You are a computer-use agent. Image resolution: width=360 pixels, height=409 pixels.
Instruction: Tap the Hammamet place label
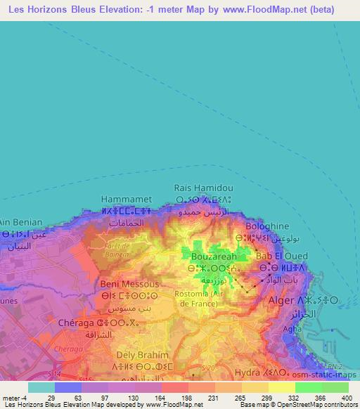pos(126,199)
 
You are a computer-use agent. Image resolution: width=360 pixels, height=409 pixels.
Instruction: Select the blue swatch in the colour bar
pos(68,387)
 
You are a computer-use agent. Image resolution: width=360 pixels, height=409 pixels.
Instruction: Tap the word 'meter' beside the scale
pos(13,398)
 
